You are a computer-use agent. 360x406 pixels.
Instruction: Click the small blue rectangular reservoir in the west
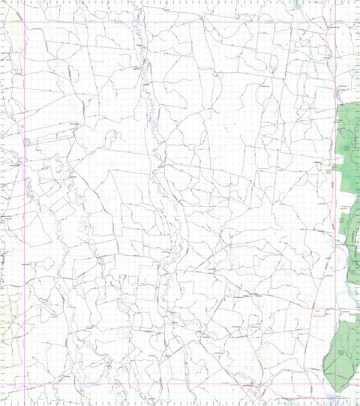click(27, 141)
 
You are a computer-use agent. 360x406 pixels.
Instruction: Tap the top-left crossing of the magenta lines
click(25, 22)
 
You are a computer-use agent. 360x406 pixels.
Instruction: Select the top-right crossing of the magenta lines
click(333, 22)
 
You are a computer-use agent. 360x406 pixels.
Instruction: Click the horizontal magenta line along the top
click(180, 22)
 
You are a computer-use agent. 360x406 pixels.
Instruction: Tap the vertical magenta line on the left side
click(25, 203)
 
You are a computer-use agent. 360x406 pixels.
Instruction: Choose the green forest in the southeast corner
click(343, 353)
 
